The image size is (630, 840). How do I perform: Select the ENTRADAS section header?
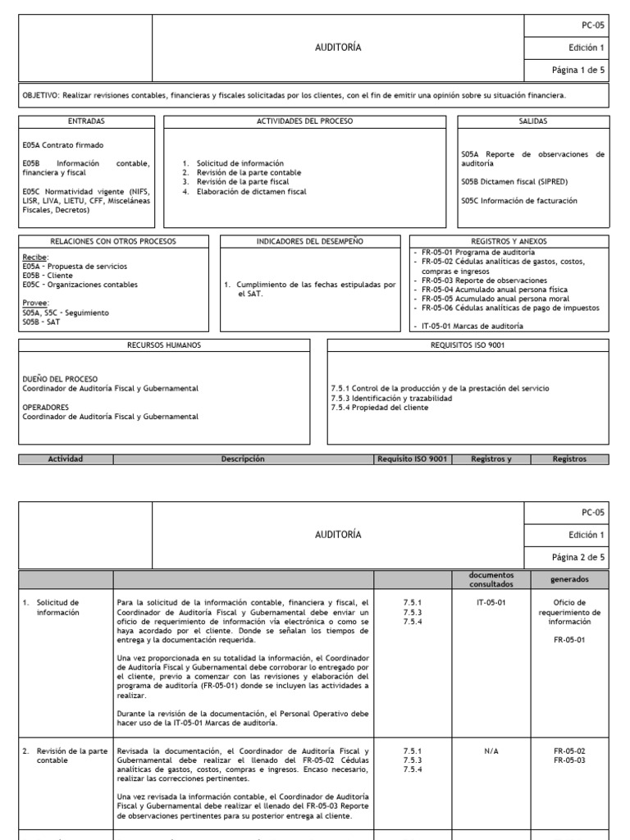(86, 121)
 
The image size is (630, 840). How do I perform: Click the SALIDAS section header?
(533, 121)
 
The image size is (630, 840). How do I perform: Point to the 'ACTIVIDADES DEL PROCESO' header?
(304, 121)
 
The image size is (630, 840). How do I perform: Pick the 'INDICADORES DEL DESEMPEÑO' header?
(310, 241)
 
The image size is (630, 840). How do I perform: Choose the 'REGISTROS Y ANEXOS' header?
(509, 241)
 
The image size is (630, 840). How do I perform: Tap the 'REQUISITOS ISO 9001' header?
(468, 345)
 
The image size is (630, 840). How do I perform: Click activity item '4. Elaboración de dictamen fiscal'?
(244, 191)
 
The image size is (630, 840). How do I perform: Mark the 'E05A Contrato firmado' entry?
(52, 145)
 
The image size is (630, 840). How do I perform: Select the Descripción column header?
(243, 459)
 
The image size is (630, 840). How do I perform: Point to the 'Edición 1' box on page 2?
(586, 535)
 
